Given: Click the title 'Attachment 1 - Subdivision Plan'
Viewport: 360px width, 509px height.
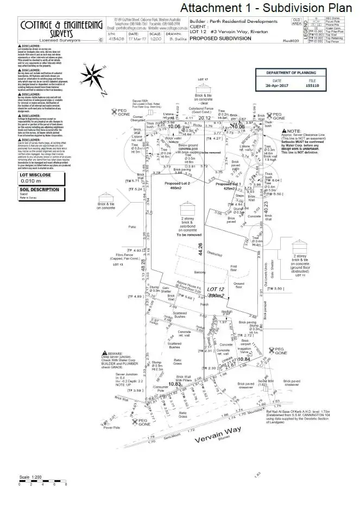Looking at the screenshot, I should (x=266, y=8).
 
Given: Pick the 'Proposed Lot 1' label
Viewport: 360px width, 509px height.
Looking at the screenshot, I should (x=228, y=184).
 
